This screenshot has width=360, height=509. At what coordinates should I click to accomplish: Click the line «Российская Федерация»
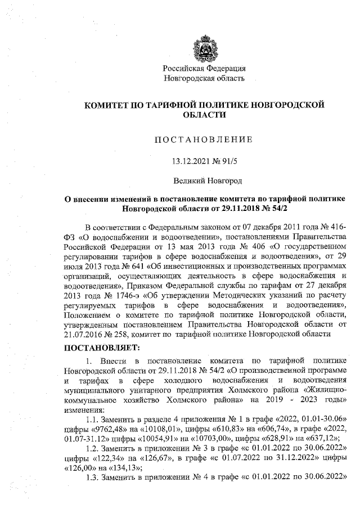pyautogui.click(x=204, y=69)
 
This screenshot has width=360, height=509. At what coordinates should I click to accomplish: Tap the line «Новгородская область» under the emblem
pyautogui.click(x=204, y=78)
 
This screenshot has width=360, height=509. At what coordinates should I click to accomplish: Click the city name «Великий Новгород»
pyautogui.click(x=204, y=181)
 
